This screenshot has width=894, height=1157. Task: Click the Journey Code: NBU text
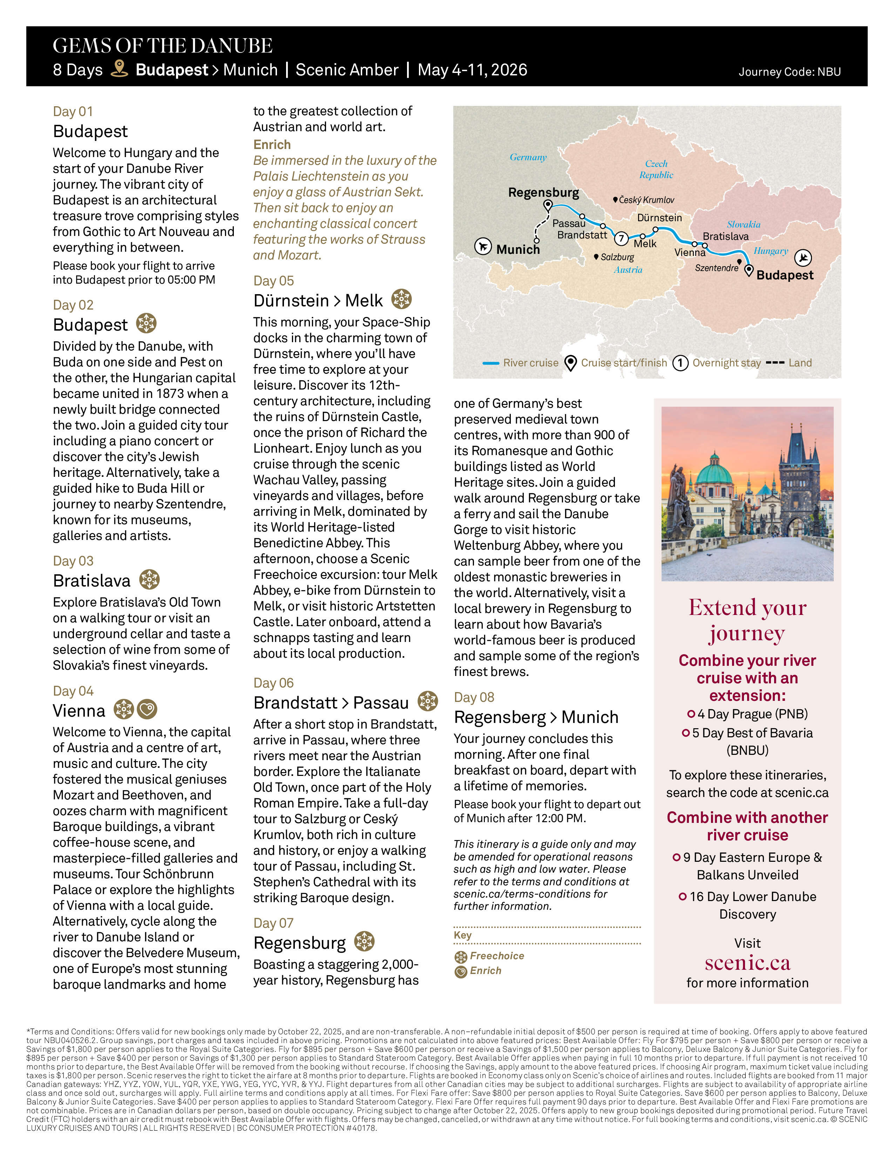click(x=789, y=72)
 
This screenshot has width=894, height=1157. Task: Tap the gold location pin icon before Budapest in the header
click(x=119, y=69)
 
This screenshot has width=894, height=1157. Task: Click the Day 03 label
click(x=73, y=561)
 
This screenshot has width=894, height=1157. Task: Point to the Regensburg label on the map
click(x=543, y=192)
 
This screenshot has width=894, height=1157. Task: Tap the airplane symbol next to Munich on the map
click(x=482, y=246)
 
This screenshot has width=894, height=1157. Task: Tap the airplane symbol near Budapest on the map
click(x=803, y=257)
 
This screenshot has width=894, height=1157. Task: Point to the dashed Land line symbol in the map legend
click(x=775, y=363)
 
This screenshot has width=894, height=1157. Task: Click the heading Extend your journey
click(x=747, y=620)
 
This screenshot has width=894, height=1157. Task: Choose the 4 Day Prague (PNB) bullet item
click(x=747, y=714)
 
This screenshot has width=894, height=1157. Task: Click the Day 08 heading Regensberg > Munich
click(x=536, y=717)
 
